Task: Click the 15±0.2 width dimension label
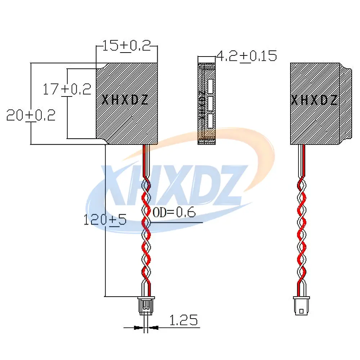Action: (x=126, y=46)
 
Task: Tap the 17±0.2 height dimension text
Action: (x=67, y=89)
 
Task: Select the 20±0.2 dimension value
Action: (x=31, y=115)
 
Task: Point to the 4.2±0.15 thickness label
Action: (x=247, y=56)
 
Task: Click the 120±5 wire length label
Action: (x=105, y=220)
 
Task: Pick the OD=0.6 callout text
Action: (x=174, y=212)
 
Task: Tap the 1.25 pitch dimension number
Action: (x=184, y=320)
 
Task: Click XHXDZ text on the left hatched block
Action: (x=125, y=100)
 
